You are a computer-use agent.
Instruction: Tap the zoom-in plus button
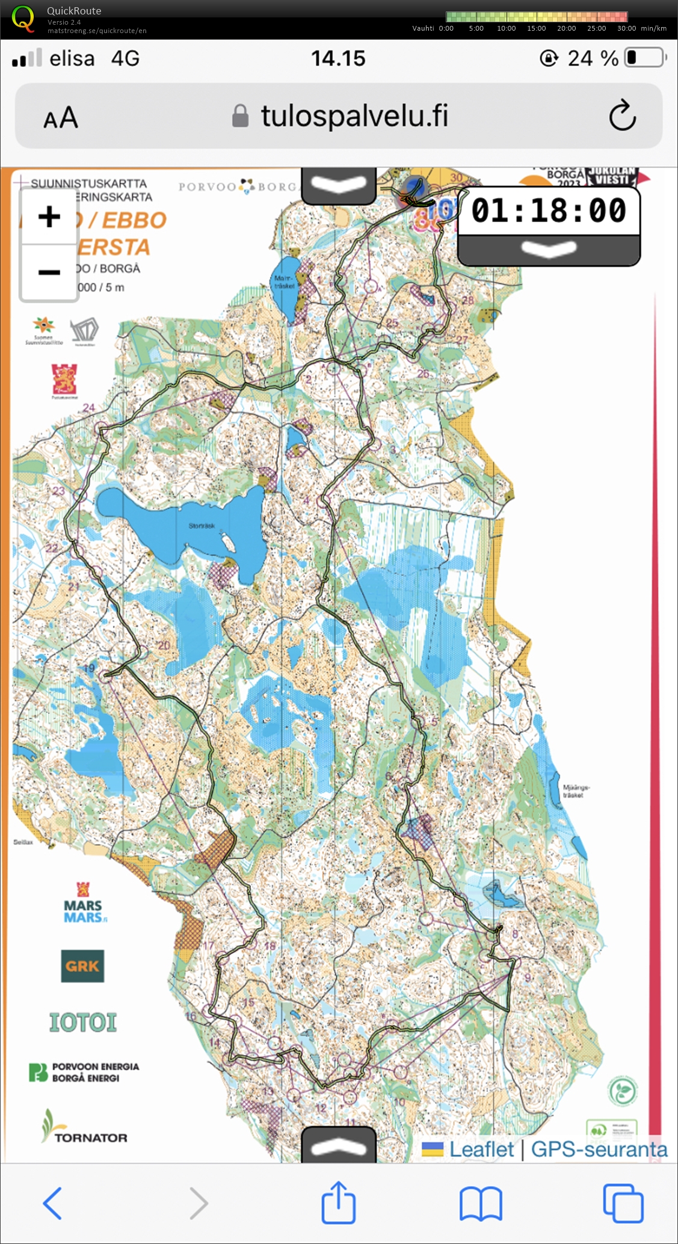pos(49,217)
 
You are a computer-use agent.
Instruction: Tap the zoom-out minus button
pos(49,273)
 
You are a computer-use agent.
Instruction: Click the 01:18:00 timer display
pos(548,211)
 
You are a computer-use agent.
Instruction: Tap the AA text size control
pos(61,117)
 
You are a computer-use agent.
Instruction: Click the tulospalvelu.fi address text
pos(354,115)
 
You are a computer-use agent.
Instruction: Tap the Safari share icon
pos(338,1202)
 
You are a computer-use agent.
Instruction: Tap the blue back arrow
pos(53,1202)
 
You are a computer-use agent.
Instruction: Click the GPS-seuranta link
pos(599,1149)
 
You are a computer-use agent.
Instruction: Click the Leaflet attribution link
pos(481,1149)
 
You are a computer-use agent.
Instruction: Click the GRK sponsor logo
pos(82,966)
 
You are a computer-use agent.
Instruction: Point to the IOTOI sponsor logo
pos(83,1022)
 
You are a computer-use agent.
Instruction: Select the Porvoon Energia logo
pos(84,1072)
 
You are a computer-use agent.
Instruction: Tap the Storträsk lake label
pos(202,526)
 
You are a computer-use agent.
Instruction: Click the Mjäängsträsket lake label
pos(576,791)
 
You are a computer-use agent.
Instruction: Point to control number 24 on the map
pos(89,408)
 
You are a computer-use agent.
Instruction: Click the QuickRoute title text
pos(74,11)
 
